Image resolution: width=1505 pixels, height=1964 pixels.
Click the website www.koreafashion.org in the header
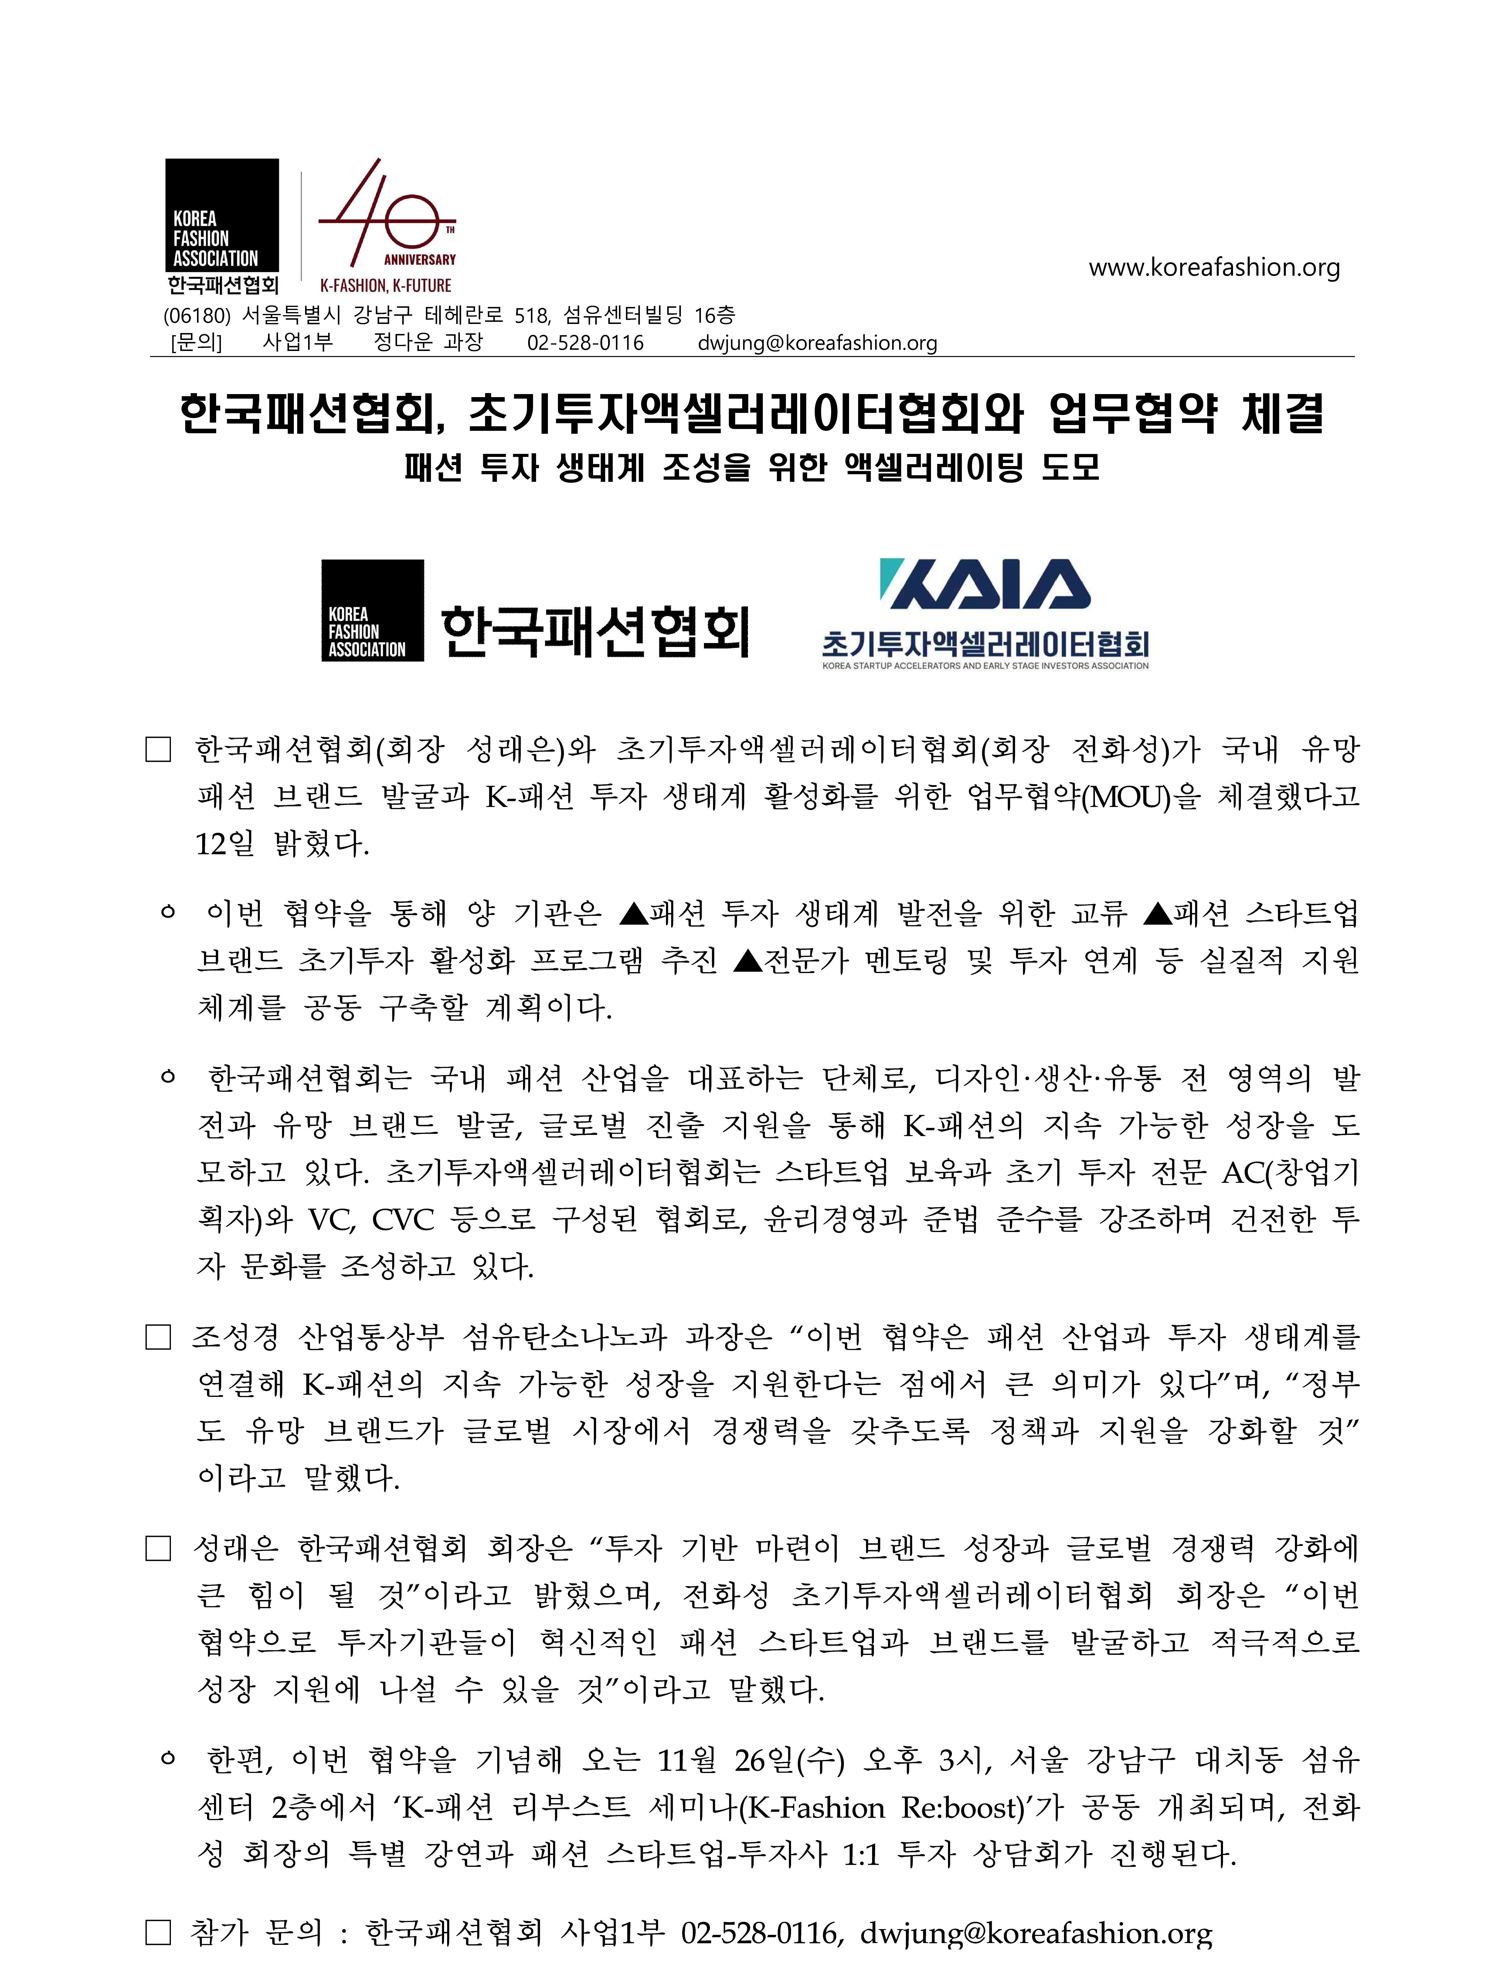(1214, 267)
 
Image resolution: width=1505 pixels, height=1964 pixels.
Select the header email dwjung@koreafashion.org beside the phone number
(817, 343)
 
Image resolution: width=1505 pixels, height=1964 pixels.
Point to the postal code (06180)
(197, 315)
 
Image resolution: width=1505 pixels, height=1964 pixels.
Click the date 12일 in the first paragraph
(225, 843)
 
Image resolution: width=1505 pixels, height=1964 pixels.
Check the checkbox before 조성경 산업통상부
(158, 1338)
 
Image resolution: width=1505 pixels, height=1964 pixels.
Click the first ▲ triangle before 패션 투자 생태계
(633, 914)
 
